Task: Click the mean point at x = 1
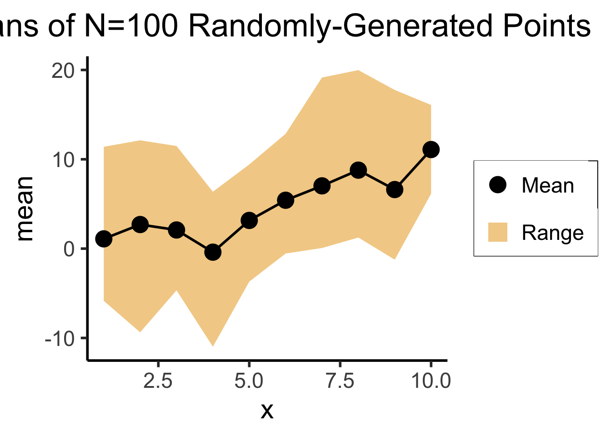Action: pos(104,239)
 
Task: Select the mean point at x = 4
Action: pos(213,252)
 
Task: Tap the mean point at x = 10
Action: pos(431,149)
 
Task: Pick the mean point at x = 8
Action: pos(358,170)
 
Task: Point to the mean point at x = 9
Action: pos(395,189)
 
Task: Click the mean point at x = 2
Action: pos(140,224)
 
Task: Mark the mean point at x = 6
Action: pos(285,200)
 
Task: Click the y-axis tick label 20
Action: pos(63,71)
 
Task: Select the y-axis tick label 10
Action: pos(63,160)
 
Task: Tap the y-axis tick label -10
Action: pos(59,339)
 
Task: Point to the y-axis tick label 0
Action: pos(69,249)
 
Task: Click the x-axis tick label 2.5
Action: pos(158,381)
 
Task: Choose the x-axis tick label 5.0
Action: pos(249,381)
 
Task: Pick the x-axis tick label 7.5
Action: pos(340,381)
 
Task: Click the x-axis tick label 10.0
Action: pos(431,381)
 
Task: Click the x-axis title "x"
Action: pos(267,411)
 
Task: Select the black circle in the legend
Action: pos(498,185)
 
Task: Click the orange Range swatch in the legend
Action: pos(498,232)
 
